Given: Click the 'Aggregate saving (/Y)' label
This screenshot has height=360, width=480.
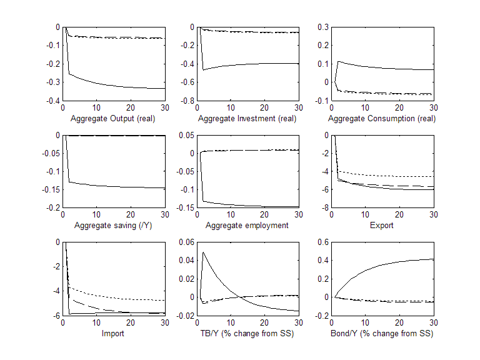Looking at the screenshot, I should coord(114,226).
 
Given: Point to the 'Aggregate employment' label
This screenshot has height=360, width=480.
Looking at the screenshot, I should coord(247,226).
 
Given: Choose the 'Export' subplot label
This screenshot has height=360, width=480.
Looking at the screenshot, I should coord(382,226).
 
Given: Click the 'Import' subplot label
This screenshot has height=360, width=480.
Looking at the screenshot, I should coord(114,333).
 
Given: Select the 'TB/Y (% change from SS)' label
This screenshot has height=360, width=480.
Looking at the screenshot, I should coord(247,333).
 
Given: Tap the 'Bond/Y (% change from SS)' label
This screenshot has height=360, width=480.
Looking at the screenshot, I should coord(382,333).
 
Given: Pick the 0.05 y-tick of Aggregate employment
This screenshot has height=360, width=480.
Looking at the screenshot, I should coord(186,135).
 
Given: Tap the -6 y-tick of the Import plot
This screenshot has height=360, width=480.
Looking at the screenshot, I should coord(56,316).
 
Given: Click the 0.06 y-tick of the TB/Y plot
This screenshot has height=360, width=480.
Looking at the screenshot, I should coord(186,242).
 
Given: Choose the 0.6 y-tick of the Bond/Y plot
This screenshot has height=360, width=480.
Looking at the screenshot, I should coord(322,242).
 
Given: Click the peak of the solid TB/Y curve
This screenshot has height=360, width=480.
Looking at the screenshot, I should coord(204,252).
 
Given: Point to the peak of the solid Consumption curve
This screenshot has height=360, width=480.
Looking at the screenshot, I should coord(338,61).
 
